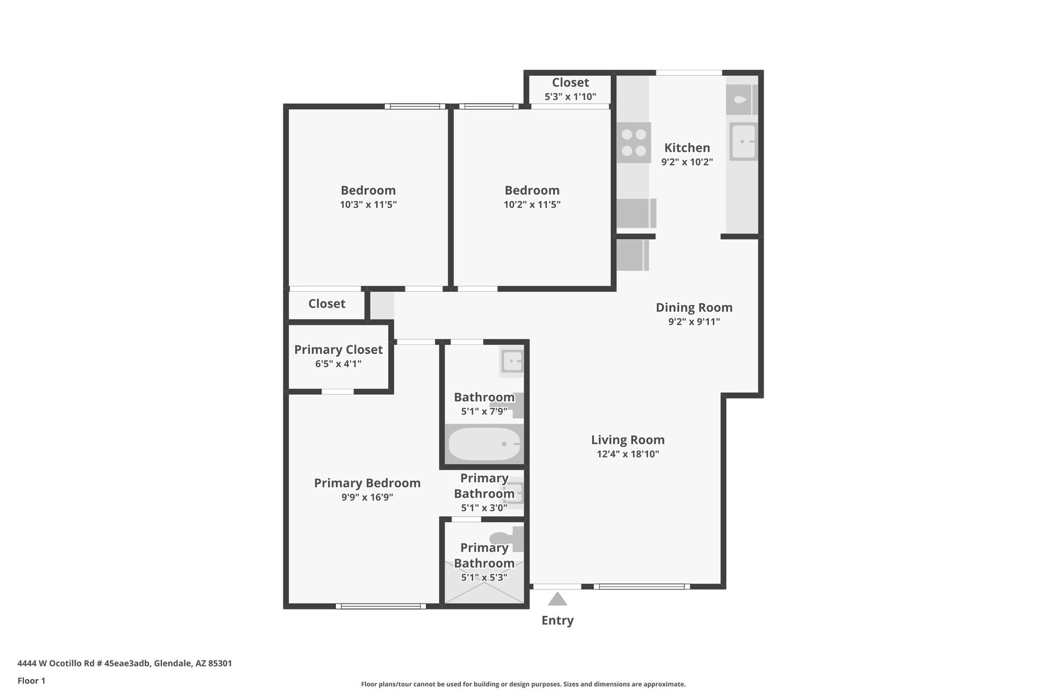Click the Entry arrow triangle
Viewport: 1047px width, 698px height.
coord(557,599)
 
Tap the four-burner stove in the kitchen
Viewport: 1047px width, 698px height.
coord(634,143)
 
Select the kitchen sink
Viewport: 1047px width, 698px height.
coord(743,142)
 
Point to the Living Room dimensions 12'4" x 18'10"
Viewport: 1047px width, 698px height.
coord(628,454)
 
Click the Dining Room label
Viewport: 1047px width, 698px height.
coord(694,308)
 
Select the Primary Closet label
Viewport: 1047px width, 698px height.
coord(338,350)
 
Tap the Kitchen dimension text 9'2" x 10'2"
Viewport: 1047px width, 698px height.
coord(687,162)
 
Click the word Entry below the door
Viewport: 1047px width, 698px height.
coord(557,621)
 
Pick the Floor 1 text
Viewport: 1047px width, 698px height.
coord(31,681)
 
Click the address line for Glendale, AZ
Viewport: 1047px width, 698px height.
coord(124,664)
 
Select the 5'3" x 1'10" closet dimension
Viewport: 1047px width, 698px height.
coord(570,97)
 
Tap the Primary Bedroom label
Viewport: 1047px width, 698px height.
coord(367,483)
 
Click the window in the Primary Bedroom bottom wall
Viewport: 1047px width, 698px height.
coord(381,606)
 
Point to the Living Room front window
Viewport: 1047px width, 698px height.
coord(641,587)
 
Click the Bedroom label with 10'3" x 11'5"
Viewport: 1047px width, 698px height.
coord(368,190)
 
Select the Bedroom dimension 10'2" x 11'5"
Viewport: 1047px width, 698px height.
coord(532,205)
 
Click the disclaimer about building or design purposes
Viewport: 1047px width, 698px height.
coord(523,684)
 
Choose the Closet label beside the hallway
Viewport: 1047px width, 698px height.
coord(327,304)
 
